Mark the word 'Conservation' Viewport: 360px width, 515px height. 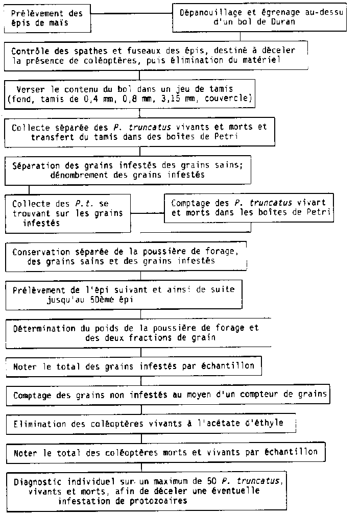tap(41, 252)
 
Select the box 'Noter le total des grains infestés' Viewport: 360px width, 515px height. tap(134, 366)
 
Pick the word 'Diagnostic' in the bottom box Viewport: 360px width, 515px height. tap(36, 481)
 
